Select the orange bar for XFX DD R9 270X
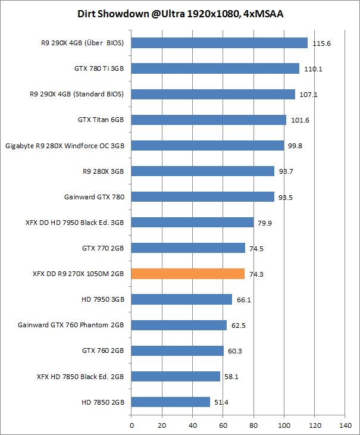pos(187,274)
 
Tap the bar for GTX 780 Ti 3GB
pos(215,68)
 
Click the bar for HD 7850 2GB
pos(170,402)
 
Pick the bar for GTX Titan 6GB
pos(208,120)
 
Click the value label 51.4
pos(222,402)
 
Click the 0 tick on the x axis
pos(132,425)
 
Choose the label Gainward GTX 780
pos(95,196)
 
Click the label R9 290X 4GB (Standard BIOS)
pos(78,94)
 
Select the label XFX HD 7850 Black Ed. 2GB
pos(79,376)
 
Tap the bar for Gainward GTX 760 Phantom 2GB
pos(179,325)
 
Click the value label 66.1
pos(244,300)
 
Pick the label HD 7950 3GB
pos(103,299)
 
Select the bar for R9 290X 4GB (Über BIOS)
pos(219,43)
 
